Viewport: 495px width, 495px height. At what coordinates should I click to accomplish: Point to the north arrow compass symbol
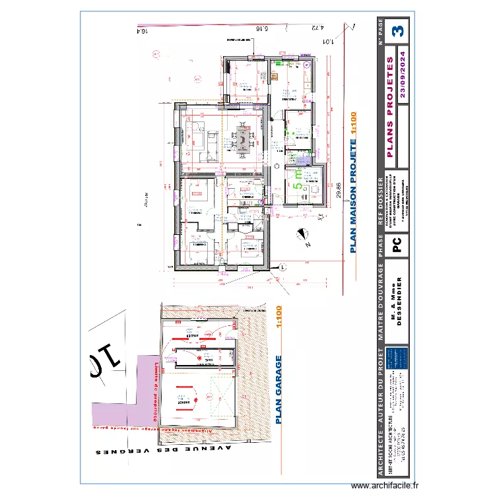[x=302, y=234]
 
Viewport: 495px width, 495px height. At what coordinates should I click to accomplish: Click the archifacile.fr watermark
[x=385, y=486]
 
